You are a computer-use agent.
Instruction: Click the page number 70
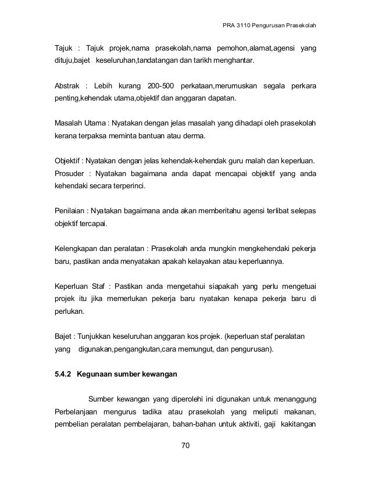[x=185, y=446]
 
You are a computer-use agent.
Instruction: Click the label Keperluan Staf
[x=80, y=286]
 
